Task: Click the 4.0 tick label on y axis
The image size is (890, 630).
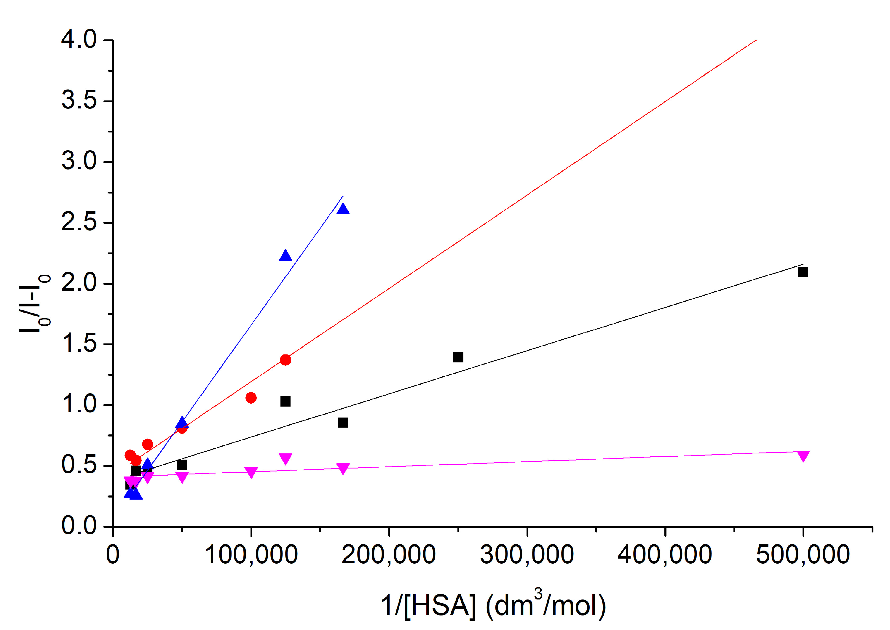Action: [79, 40]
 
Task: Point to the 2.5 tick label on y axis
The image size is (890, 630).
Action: [79, 222]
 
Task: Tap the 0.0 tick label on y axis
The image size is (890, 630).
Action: [79, 526]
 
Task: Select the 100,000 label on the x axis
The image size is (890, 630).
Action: [251, 555]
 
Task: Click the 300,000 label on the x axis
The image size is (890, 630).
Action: [527, 555]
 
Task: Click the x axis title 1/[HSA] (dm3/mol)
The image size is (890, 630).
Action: [493, 606]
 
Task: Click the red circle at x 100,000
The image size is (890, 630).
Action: [251, 398]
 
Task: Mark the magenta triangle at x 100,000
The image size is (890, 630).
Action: [251, 472]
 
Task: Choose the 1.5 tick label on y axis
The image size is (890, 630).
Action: [79, 344]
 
